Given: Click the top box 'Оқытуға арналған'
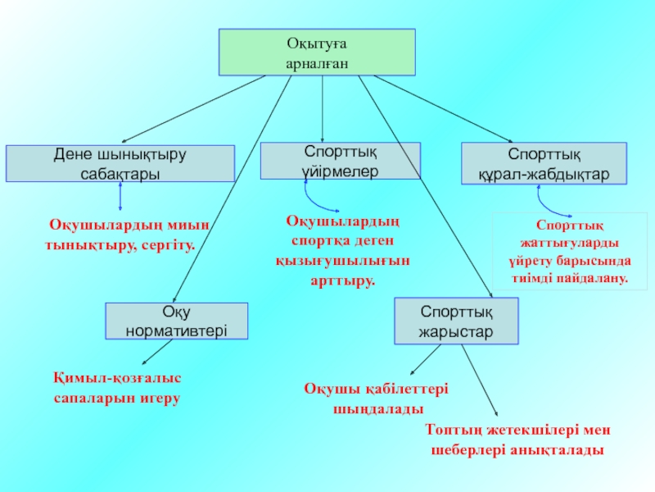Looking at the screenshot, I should [x=316, y=52].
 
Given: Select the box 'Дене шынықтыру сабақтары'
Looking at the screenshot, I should [x=120, y=163].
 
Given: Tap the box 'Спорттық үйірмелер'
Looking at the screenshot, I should [x=340, y=161].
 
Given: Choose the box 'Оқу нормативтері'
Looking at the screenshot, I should [x=176, y=321].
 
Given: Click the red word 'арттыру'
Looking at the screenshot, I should [x=342, y=280].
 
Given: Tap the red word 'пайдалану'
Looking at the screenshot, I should [x=594, y=279].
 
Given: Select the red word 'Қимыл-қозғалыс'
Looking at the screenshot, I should [x=117, y=378].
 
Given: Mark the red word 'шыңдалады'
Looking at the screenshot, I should [x=377, y=408].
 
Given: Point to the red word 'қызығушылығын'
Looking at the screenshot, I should [x=342, y=261].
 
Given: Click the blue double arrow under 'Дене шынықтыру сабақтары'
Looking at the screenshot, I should [x=120, y=195].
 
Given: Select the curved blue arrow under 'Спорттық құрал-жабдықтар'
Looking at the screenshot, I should [x=550, y=198].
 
